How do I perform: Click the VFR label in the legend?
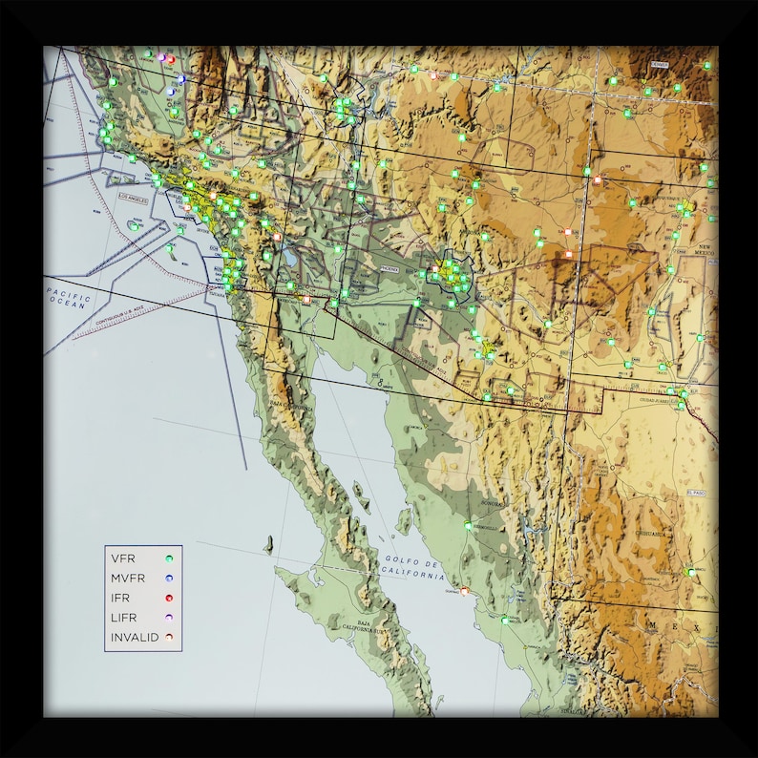pyautogui.click(x=122, y=558)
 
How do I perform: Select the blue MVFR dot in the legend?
pyautogui.click(x=169, y=579)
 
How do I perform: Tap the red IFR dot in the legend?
pyautogui.click(x=169, y=599)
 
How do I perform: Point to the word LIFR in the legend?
pyautogui.click(x=124, y=618)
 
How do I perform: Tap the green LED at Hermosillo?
pyautogui.click(x=467, y=524)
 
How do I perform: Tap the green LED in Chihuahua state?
pyautogui.click(x=689, y=572)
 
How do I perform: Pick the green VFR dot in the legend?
pyautogui.click(x=169, y=558)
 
